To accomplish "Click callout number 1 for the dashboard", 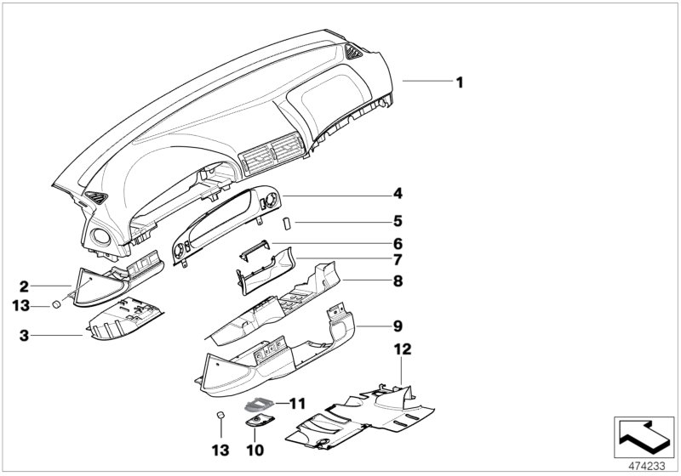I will click(459, 82).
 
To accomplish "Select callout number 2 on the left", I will click(25, 286).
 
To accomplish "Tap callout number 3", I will click(25, 337).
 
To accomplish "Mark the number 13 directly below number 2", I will click(25, 305).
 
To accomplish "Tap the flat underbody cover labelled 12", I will click(358, 416).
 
